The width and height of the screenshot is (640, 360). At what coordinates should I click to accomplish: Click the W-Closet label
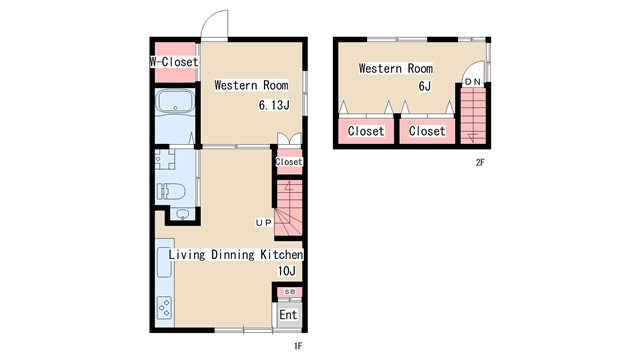point(174,62)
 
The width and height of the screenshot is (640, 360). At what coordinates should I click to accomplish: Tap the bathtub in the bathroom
point(176,101)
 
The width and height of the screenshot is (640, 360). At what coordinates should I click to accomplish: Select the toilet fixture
point(172,191)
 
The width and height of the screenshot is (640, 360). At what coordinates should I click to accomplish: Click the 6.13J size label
point(274,105)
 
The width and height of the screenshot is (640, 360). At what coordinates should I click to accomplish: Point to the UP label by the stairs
point(263,222)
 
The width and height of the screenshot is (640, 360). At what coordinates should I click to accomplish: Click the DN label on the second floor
point(473,82)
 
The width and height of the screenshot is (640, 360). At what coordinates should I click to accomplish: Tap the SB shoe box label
point(289,292)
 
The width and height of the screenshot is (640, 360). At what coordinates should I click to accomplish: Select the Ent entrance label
point(288,315)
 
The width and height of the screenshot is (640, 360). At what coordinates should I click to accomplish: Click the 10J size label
point(287,271)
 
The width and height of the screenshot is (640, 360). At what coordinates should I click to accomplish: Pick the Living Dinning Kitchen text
point(236,255)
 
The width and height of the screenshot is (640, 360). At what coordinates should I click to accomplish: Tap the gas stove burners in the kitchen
point(165,307)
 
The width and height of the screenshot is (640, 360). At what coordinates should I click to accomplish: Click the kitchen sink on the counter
point(164,262)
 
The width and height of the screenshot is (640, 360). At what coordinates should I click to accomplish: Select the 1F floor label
point(298,346)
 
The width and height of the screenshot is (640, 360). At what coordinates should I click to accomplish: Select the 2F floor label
point(480,162)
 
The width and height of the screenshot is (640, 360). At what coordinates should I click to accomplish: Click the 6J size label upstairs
point(424,86)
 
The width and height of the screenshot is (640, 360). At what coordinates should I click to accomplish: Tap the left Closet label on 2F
point(366,131)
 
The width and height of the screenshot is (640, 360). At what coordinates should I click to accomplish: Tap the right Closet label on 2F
point(427,131)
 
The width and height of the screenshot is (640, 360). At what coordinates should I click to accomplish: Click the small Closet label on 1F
point(289,162)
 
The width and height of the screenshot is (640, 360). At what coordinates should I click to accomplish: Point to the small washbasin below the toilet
point(182,214)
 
